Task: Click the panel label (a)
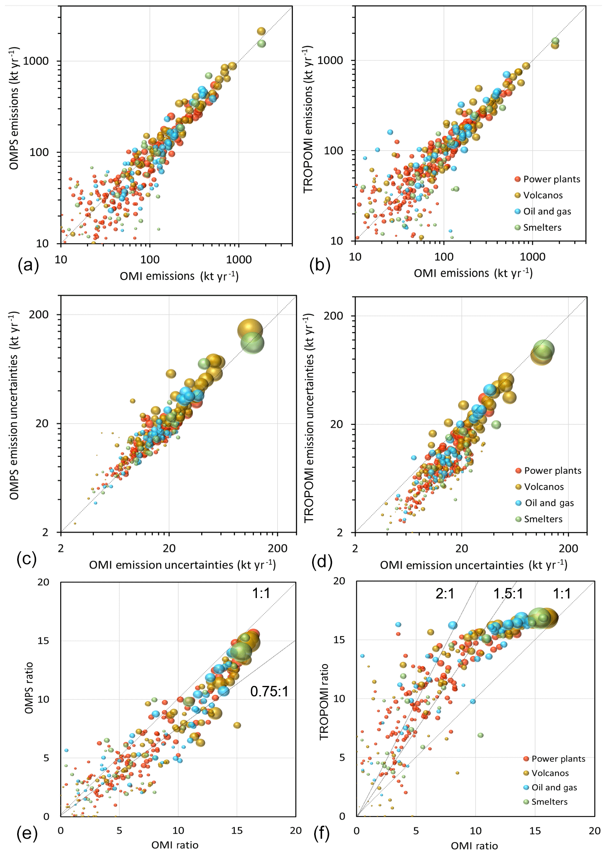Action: coord(28,265)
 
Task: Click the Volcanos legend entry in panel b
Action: coord(543,195)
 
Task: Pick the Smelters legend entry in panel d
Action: coord(543,519)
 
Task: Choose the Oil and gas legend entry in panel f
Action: coord(553,787)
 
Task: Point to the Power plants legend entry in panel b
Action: coord(551,179)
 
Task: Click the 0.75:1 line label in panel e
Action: coord(269,691)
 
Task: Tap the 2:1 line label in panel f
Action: coord(445,593)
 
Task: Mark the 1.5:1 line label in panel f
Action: coord(508,593)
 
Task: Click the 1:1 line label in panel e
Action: coord(261,593)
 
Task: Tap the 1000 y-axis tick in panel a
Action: coord(36,61)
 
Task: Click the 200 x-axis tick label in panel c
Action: coord(277,548)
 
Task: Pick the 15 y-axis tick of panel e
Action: coord(43,641)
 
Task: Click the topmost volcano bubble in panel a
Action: coord(261,31)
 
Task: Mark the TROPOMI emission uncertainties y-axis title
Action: coord(309,419)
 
